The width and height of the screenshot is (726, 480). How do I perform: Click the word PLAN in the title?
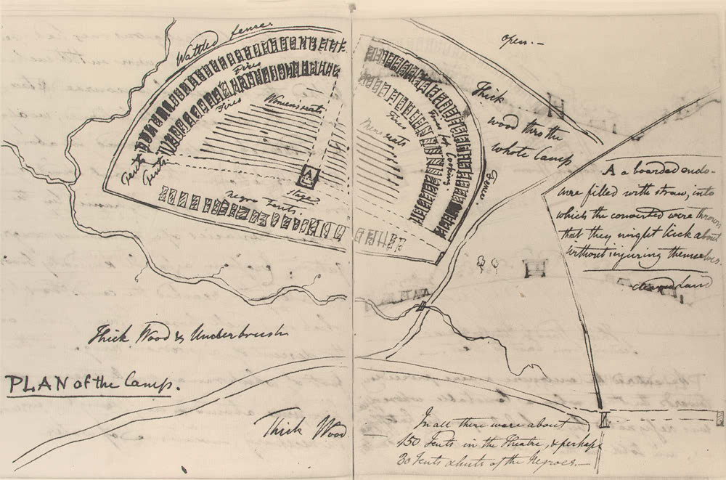click(x=33, y=383)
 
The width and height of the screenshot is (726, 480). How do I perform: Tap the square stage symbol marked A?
click(x=310, y=175)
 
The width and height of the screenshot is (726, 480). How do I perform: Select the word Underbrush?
click(x=240, y=335)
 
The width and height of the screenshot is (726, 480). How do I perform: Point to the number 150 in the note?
click(x=409, y=441)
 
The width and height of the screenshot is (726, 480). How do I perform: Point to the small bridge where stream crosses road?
click(x=421, y=308)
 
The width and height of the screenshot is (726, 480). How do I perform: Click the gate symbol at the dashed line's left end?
click(x=604, y=419)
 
